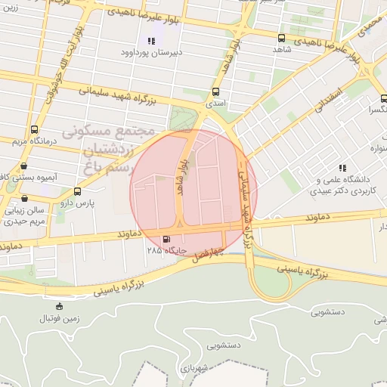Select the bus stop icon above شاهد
point(281,38)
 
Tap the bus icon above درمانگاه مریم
point(33,130)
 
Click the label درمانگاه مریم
point(33,141)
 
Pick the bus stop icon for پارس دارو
point(77,192)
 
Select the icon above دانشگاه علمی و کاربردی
point(342,168)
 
